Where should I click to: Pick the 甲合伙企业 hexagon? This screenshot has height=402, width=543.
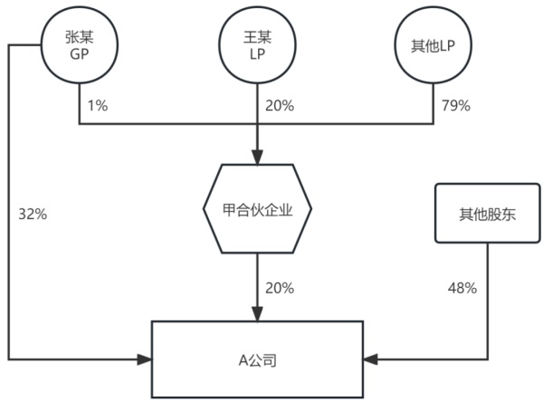(x=257, y=208)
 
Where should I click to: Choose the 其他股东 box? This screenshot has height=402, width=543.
(x=488, y=214)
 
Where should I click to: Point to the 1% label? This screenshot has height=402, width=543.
(x=98, y=106)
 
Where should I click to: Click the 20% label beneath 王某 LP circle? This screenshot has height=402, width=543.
(x=279, y=106)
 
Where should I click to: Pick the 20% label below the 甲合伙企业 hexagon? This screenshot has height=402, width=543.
(x=279, y=288)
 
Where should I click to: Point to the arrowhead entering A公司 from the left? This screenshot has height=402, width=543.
(x=145, y=360)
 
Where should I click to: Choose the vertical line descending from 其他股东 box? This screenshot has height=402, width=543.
(x=488, y=299)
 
